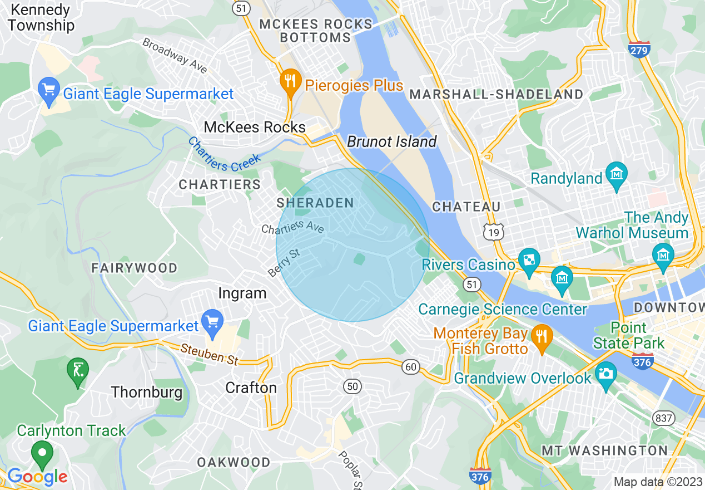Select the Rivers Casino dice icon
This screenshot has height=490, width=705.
[x=529, y=261]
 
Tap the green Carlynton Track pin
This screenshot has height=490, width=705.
[x=42, y=453]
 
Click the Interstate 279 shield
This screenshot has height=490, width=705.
[x=639, y=49]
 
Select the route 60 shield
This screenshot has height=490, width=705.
[x=411, y=366]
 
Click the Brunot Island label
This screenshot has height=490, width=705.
[x=392, y=141]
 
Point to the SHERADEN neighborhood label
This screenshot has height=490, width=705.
[x=315, y=203]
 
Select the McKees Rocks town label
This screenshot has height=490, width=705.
[x=255, y=127]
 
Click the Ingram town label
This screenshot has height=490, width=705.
[x=242, y=293]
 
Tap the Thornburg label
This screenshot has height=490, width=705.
[x=147, y=392]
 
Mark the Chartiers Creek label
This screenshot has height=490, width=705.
[x=224, y=154]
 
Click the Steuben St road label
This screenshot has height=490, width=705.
[x=210, y=354]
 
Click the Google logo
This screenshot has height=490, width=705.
[x=37, y=477]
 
